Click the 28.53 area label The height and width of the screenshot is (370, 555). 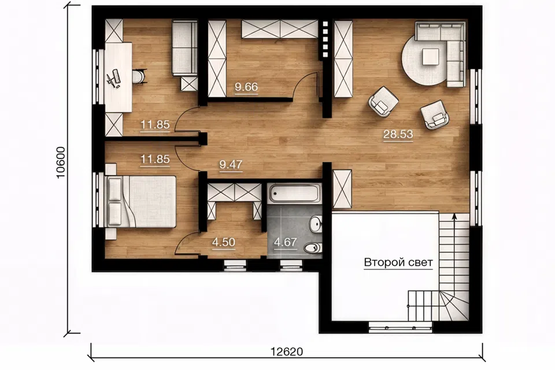[x=398, y=134]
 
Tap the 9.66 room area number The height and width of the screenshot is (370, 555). [x=246, y=87]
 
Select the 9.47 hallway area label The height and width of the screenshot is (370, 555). [x=231, y=164]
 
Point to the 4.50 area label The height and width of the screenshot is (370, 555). [x=224, y=242]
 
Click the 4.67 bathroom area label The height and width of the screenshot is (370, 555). [x=285, y=242]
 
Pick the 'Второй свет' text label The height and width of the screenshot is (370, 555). [x=398, y=262]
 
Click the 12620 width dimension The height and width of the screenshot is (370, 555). [x=287, y=351]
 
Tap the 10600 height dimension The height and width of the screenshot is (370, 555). [x=61, y=162]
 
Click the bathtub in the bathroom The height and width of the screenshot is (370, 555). [x=294, y=193]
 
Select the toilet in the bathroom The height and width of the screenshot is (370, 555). [x=313, y=247]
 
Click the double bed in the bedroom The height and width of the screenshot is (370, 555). [x=141, y=201]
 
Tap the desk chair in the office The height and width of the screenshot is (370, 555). [x=139, y=76]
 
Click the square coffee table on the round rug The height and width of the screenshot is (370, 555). [x=430, y=57]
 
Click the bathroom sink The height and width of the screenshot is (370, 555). [x=315, y=224]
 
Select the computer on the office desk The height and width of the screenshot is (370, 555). [x=114, y=78]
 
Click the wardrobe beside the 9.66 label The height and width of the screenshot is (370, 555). [x=217, y=59]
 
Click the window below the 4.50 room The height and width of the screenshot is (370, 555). [x=235, y=265]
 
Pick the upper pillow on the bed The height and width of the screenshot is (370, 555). [x=114, y=188]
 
